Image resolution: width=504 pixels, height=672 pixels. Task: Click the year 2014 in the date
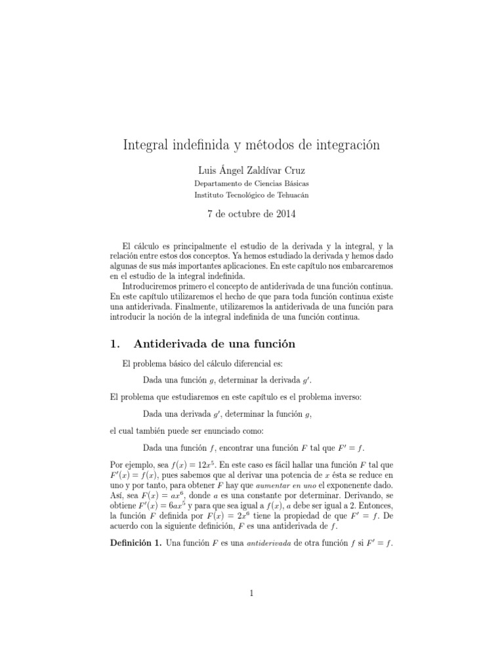pyautogui.click(x=287, y=213)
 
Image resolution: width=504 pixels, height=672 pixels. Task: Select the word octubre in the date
pyautogui.click(x=242, y=213)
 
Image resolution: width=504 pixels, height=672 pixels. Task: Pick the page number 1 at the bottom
pyautogui.click(x=251, y=594)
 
